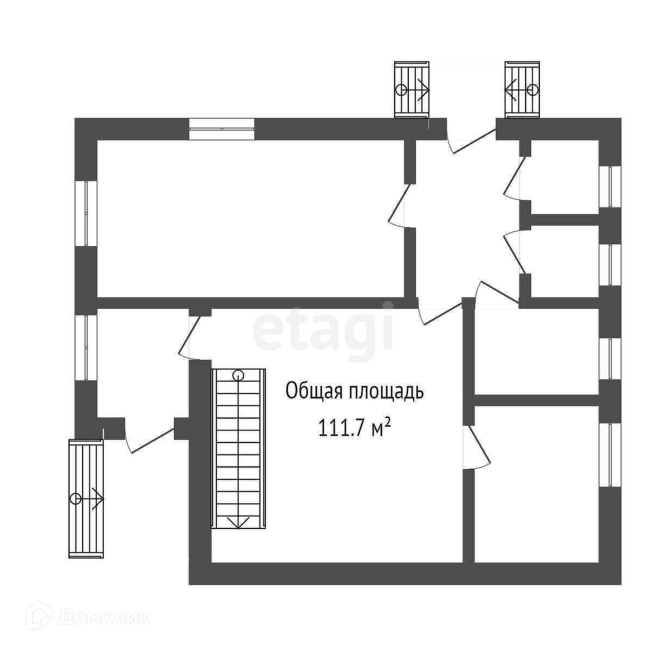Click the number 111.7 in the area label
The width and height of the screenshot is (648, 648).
(342, 428)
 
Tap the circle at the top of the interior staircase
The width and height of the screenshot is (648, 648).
(238, 375)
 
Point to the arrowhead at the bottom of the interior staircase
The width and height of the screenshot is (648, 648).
(238, 522)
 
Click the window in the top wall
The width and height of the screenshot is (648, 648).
(222, 128)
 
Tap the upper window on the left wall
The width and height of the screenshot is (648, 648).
(86, 213)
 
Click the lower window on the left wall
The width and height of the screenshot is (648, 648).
(86, 347)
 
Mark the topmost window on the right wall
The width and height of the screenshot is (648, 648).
(609, 185)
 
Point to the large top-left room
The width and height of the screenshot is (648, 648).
(250, 217)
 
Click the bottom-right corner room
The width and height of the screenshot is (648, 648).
(535, 484)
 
